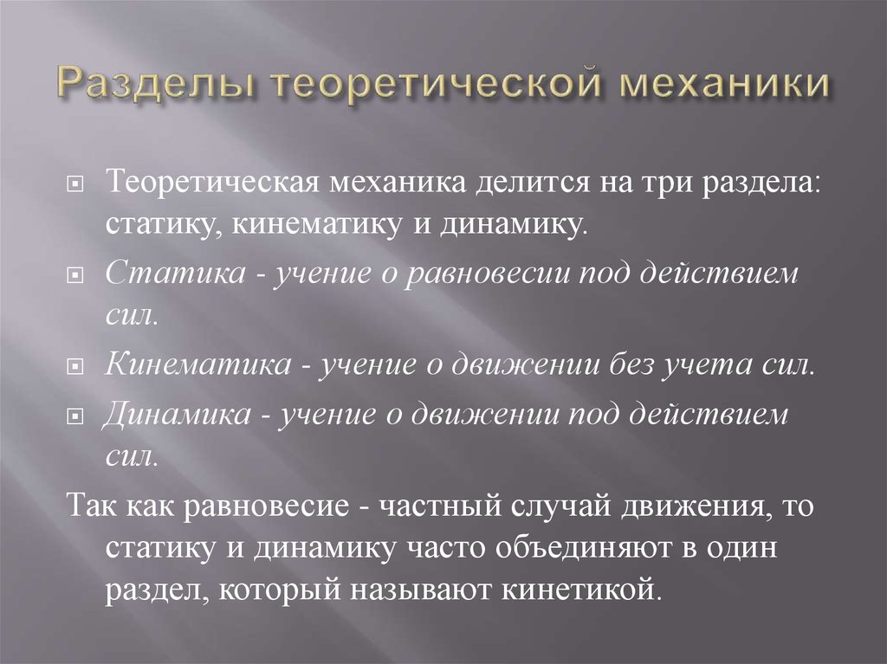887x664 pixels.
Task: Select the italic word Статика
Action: click(x=176, y=274)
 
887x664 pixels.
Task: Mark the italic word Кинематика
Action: click(x=198, y=364)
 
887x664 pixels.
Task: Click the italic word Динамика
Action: click(x=177, y=414)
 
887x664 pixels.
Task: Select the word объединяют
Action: click(x=583, y=547)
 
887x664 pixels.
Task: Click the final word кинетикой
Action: click(x=581, y=590)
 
